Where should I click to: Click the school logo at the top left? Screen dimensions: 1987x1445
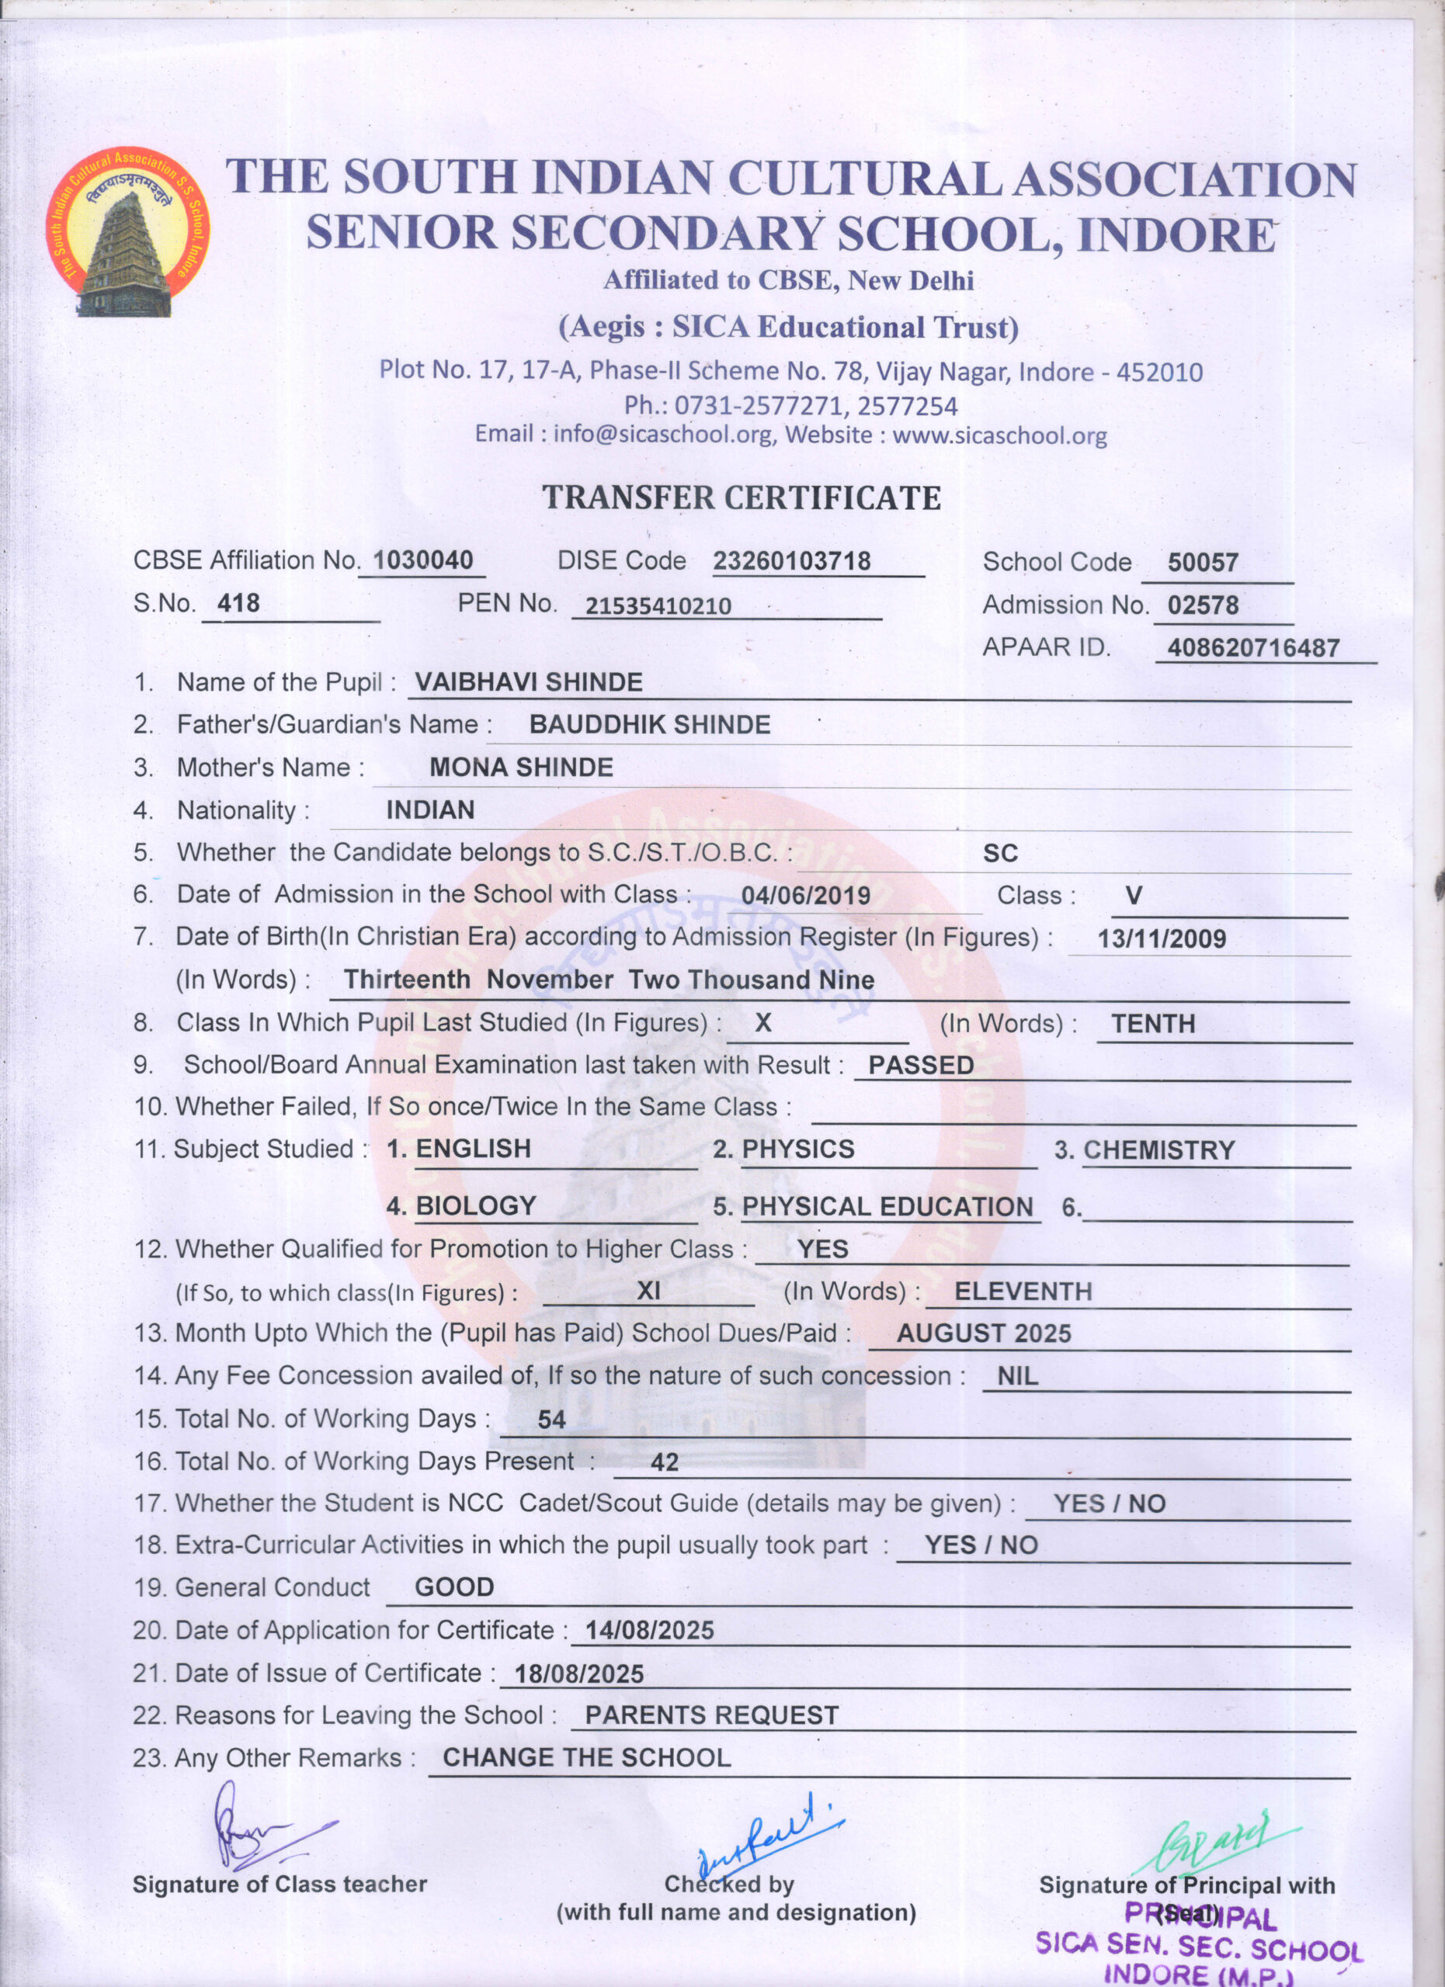128,231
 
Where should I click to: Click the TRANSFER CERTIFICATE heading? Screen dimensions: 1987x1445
742,498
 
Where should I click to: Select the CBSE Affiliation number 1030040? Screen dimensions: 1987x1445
423,560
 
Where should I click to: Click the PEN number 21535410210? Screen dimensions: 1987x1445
658,605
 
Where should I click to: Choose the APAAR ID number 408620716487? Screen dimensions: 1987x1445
1253,648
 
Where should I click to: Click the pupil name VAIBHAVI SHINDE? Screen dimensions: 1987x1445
529,681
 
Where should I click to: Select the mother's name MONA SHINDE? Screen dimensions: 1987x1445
520,768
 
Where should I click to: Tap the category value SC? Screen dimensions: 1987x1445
1000,853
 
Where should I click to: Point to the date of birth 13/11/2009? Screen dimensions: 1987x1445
1161,938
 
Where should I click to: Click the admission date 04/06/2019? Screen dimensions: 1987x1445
805,896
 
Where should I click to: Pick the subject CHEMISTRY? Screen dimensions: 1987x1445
1158,1150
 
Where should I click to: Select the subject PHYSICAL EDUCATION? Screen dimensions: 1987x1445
887,1206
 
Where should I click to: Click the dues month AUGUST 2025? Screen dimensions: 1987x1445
983,1333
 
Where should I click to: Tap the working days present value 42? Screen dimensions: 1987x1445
664,1462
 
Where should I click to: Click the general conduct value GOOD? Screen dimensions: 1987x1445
454,1587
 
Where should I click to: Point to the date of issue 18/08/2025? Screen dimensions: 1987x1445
578,1674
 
